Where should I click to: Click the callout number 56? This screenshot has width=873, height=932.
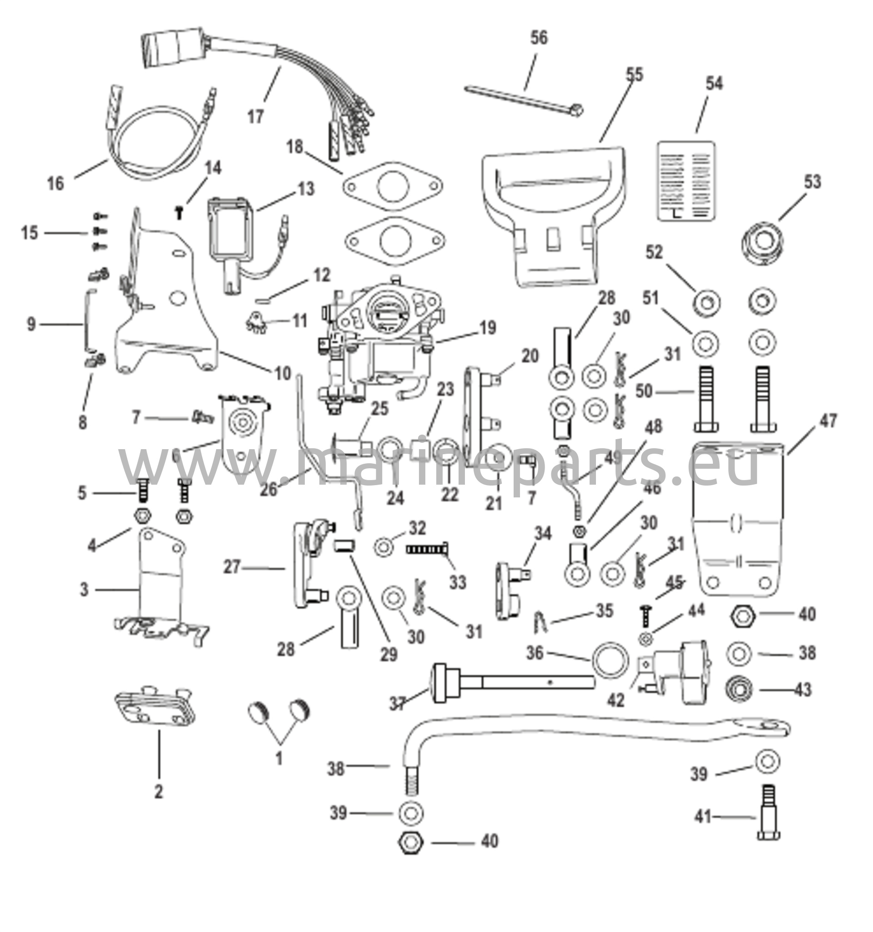click(539, 37)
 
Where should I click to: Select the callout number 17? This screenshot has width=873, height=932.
click(256, 116)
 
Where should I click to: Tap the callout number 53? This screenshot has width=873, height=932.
click(813, 182)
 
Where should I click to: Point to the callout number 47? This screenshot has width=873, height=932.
click(828, 420)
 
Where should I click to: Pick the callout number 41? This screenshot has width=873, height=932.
click(703, 817)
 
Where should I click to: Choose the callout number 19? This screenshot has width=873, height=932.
click(488, 328)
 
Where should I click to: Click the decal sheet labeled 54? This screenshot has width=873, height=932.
click(686, 181)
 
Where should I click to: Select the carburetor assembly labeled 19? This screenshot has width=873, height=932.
click(379, 347)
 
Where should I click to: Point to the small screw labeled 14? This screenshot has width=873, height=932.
click(178, 213)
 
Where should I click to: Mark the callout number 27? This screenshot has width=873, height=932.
click(232, 567)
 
